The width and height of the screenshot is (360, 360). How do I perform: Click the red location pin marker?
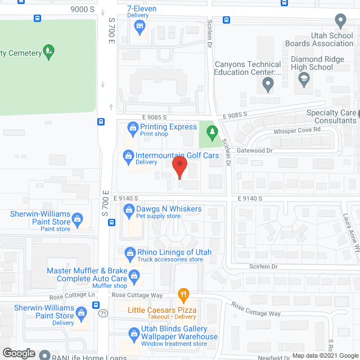tap(179, 167)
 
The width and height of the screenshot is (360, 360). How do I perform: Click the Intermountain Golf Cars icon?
tap(128, 155)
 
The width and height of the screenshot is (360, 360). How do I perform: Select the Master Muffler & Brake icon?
tap(134, 275)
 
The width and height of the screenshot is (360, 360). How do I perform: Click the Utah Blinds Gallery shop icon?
tap(134, 334)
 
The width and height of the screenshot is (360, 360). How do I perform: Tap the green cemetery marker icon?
tap(49, 52)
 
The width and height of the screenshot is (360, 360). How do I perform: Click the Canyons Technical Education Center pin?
tap(268, 85)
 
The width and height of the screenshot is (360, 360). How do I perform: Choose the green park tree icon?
tap(212, 133)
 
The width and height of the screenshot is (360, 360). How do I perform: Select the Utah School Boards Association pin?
tap(340, 21)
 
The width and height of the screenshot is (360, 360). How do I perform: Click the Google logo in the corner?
tap(19, 353)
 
